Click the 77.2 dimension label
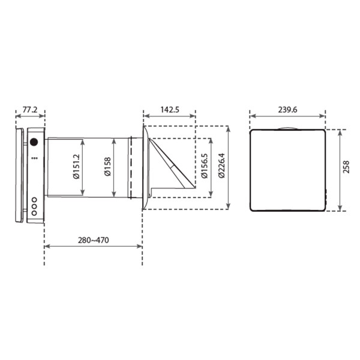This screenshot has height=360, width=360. coord(30,110)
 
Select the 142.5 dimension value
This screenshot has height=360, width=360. coord(170,110)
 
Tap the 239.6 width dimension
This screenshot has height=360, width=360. coord(287,110)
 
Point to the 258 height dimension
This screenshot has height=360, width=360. coord(346,167)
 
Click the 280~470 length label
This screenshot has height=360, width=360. coord(93,240)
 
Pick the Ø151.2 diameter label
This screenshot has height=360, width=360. coord(76,166)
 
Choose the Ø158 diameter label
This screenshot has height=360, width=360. coord(107,166)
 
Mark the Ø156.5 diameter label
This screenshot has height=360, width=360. coord(204,166)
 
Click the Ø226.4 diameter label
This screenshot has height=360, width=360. coord(221,166)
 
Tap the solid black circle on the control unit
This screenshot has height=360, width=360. coord(34,142)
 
